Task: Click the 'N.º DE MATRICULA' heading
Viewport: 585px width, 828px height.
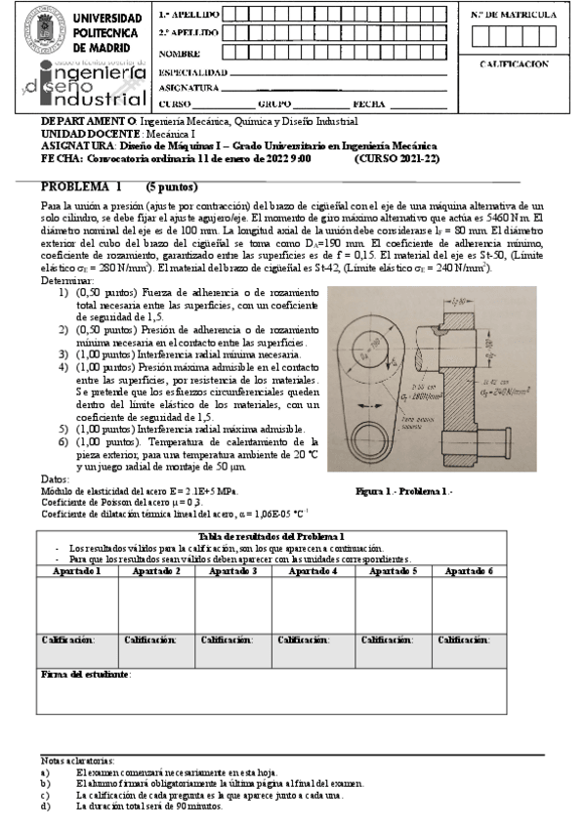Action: coord(514,16)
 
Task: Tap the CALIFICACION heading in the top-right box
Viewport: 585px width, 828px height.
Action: coord(514,63)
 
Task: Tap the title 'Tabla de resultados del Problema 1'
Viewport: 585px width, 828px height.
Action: coord(272,537)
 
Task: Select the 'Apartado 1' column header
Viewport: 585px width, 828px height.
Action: coord(77,570)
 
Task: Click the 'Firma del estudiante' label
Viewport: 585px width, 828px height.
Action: coord(85,675)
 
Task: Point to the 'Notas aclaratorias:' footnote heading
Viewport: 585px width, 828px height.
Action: coord(77,760)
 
